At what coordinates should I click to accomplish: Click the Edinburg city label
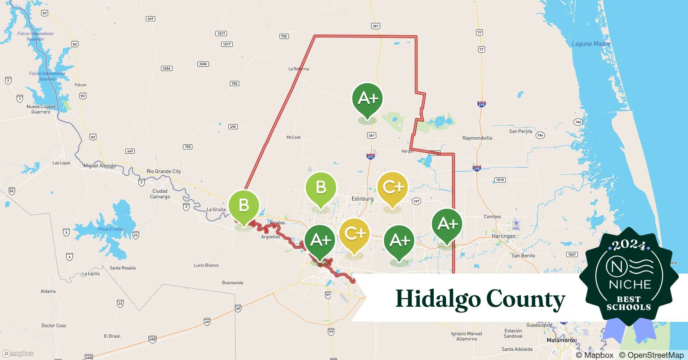pyautogui.click(x=362, y=199)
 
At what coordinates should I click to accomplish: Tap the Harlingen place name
pyautogui.click(x=504, y=236)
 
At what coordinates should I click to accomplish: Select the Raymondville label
pyautogui.click(x=477, y=138)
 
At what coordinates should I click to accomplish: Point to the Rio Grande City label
pyautogui.click(x=164, y=171)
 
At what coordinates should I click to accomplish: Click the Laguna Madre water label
pyautogui.click(x=591, y=44)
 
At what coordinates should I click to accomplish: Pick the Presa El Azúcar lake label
pyautogui.click(x=112, y=229)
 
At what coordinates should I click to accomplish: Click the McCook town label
pyautogui.click(x=294, y=137)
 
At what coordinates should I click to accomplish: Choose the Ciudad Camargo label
pyautogui.click(x=160, y=194)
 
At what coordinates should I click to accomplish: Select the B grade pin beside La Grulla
pyautogui.click(x=244, y=206)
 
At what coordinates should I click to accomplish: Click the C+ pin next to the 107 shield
pyautogui.click(x=393, y=188)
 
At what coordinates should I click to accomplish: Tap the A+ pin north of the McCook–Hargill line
pyautogui.click(x=367, y=99)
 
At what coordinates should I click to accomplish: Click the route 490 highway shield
pyautogui.click(x=233, y=127)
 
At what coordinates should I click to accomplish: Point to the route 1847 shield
pyautogui.click(x=572, y=255)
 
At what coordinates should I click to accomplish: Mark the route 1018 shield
pyautogui.click(x=500, y=180)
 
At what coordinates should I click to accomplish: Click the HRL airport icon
pyautogui.click(x=516, y=223)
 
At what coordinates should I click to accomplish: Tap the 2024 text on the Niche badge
pyautogui.click(x=630, y=246)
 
